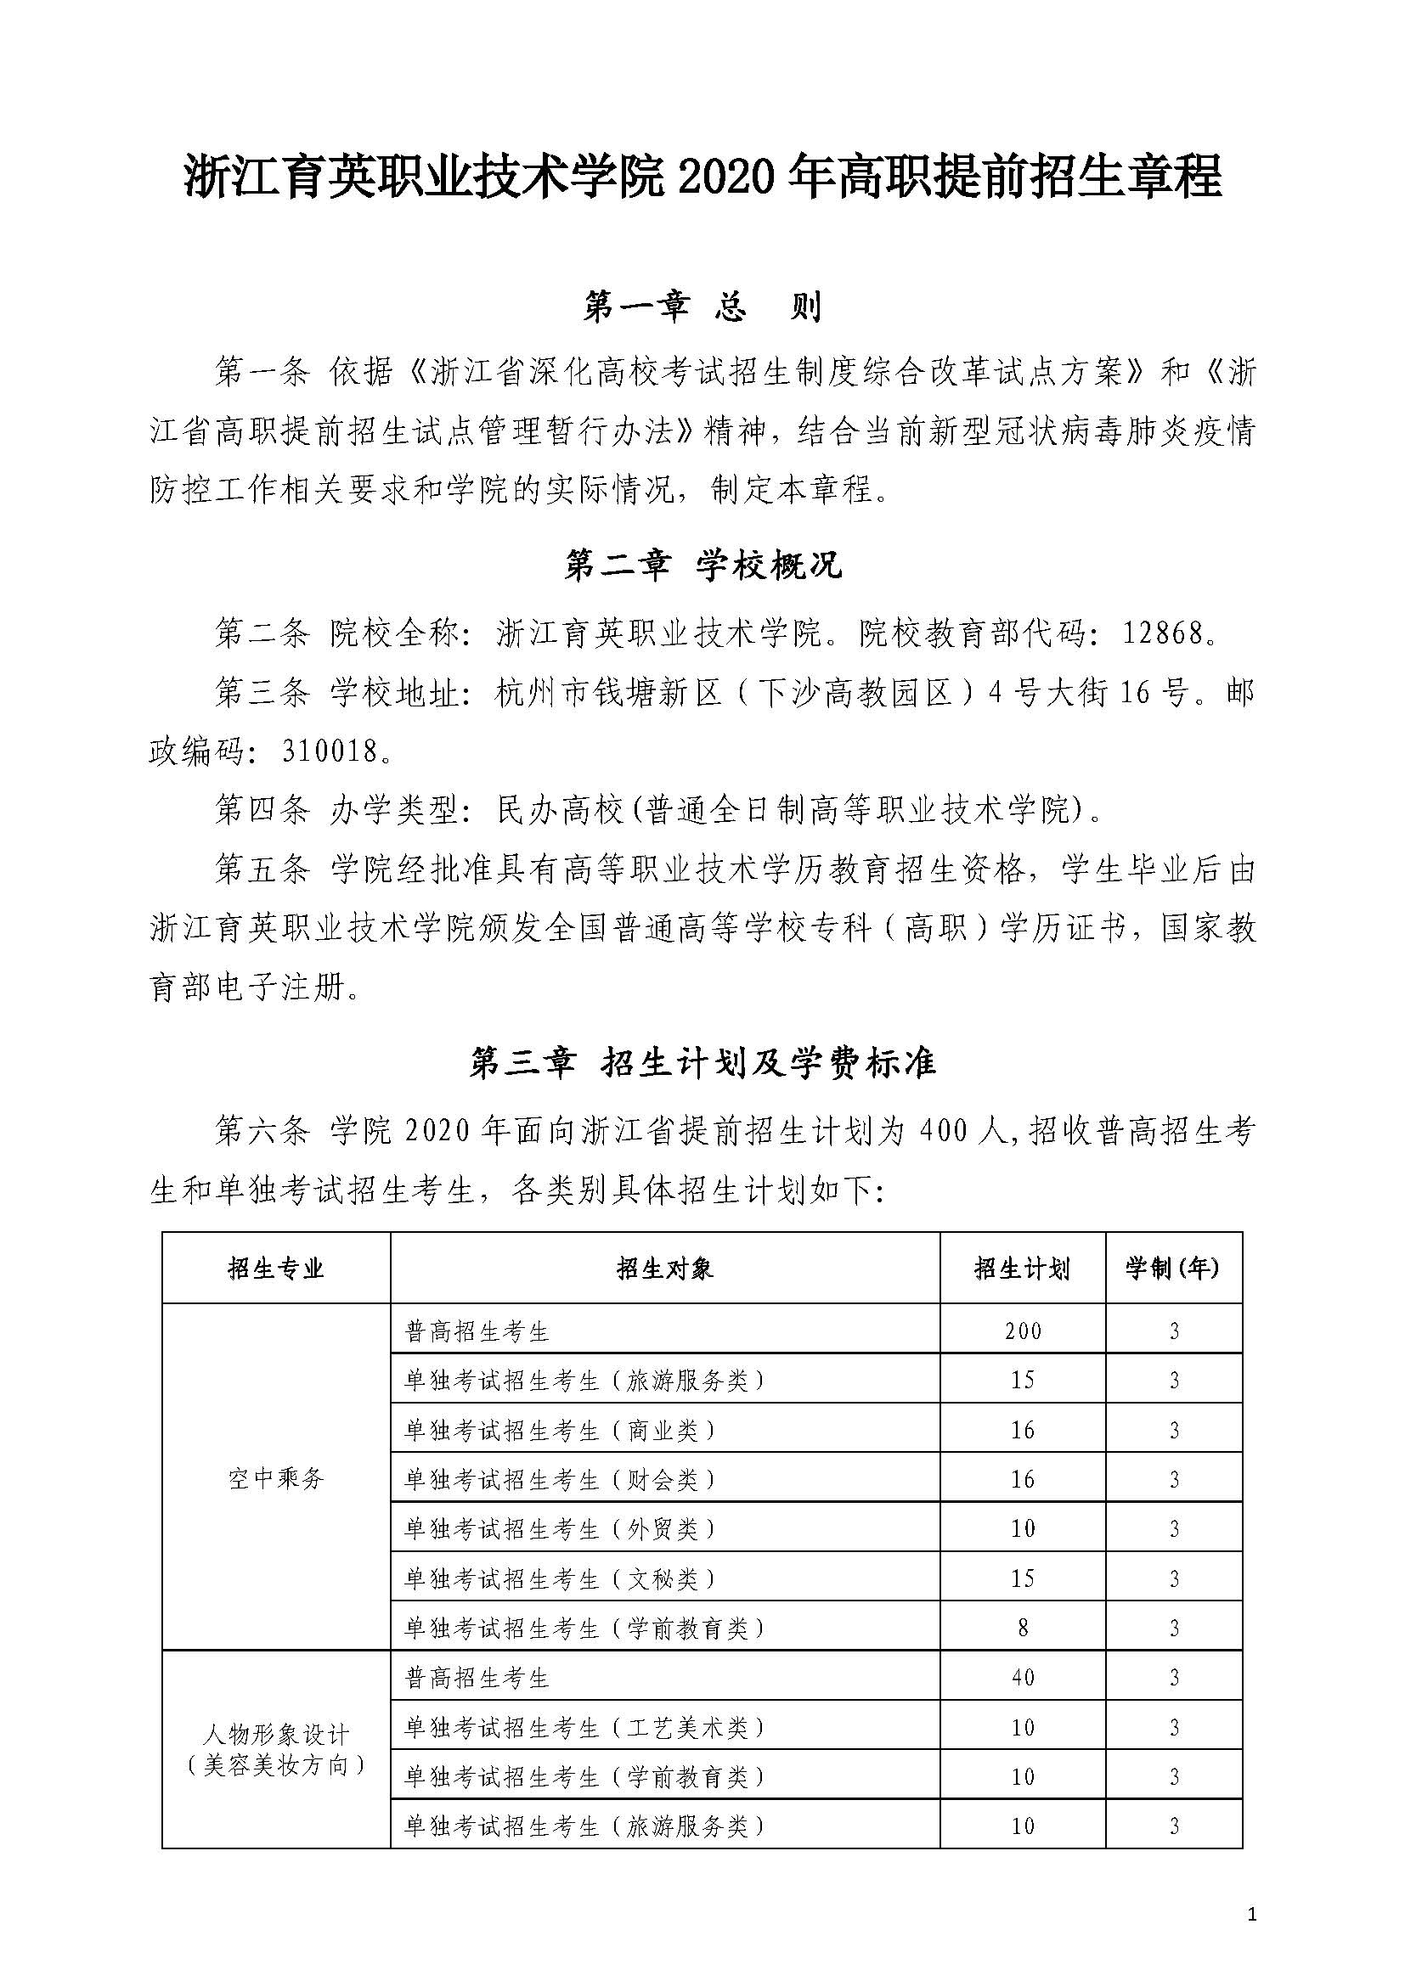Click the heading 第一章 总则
click(702, 307)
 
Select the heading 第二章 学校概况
click(702, 566)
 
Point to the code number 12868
click(1164, 634)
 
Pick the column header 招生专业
click(276, 1269)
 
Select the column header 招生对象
click(664, 1269)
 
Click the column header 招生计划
click(1022, 1269)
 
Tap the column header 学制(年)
click(1173, 1269)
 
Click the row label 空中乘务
click(276, 1479)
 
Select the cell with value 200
click(1023, 1331)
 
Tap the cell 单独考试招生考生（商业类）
click(561, 1431)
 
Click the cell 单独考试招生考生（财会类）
click(561, 1480)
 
